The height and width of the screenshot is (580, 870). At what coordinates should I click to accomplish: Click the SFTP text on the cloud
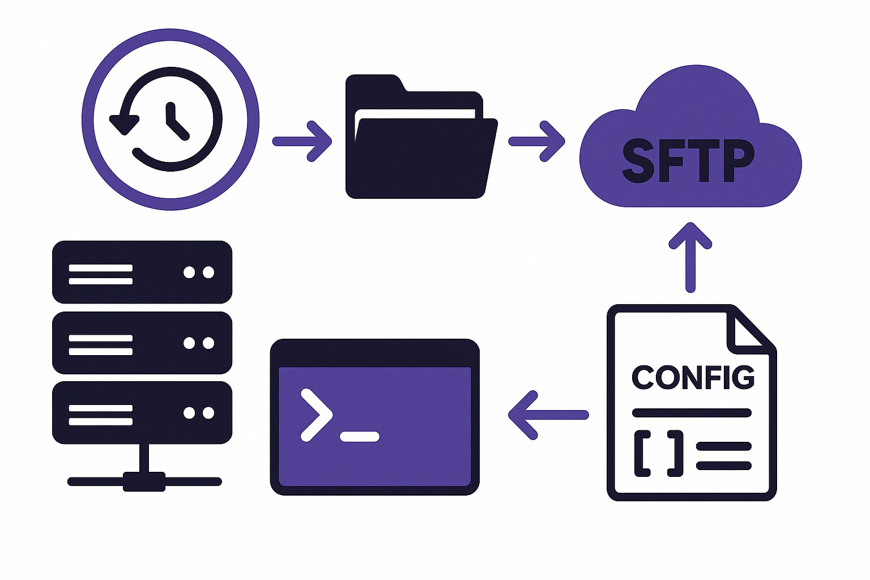tap(688, 161)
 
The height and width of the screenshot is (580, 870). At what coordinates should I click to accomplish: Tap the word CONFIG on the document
tap(693, 378)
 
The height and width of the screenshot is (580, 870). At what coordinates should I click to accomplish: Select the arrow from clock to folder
tap(302, 141)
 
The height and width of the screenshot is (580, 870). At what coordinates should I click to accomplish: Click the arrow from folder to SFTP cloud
tap(537, 141)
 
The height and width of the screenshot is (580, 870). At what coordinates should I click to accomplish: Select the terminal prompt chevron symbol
tap(316, 414)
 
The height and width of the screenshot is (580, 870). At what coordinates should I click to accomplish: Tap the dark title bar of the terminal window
tap(374, 353)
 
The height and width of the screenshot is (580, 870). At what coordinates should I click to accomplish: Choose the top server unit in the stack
tap(142, 272)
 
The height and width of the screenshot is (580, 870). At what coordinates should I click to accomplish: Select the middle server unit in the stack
tap(142, 343)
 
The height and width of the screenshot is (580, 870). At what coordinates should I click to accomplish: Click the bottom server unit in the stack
tap(142, 412)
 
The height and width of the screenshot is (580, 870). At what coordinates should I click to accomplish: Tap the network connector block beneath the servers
tap(144, 481)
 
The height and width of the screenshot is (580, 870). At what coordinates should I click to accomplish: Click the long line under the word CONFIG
tap(692, 412)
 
